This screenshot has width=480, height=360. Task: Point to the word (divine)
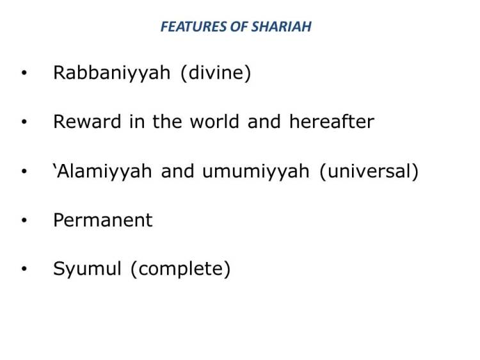pyautogui.click(x=216, y=73)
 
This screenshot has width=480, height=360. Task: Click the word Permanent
pyautogui.click(x=102, y=220)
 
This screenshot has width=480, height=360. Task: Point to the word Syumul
pyautogui.click(x=87, y=270)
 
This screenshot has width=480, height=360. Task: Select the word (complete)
pyautogui.click(x=180, y=270)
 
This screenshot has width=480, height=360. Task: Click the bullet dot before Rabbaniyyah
pyautogui.click(x=24, y=74)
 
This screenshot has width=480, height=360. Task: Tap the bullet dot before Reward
pyautogui.click(x=24, y=122)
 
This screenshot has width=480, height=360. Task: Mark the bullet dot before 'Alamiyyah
pyautogui.click(x=24, y=172)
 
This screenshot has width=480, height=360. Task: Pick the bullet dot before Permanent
pyautogui.click(x=24, y=221)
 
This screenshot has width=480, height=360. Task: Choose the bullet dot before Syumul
pyautogui.click(x=24, y=270)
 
